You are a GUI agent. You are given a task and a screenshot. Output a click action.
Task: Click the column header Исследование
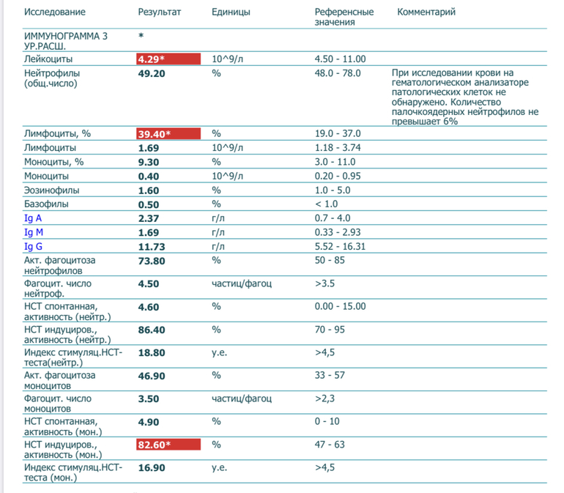55,12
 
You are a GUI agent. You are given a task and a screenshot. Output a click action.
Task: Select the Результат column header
160,12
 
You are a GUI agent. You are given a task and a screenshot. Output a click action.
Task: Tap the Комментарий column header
426,12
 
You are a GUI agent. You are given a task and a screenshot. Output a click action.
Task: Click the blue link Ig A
34,218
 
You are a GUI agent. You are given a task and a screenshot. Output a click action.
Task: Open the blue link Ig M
34,232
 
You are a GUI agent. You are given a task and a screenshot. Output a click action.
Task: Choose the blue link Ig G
34,246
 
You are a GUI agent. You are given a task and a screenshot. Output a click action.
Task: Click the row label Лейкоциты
48,59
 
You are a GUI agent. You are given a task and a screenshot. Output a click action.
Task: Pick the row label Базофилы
47,204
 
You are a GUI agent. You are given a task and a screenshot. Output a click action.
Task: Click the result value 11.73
152,246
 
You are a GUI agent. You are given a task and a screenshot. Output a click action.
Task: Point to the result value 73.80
152,260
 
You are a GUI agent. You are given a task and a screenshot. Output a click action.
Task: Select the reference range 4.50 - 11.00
341,59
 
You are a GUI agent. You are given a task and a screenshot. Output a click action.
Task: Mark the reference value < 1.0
327,204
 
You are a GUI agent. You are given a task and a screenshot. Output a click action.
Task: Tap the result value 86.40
152,330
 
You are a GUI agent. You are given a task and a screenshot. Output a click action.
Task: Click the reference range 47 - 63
330,445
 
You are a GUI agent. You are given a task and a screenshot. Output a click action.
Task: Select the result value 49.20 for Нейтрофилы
152,73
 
